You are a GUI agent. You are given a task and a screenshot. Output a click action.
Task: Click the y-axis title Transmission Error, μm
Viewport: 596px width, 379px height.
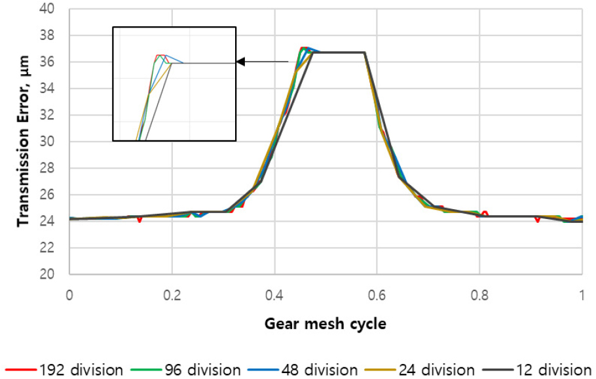24,142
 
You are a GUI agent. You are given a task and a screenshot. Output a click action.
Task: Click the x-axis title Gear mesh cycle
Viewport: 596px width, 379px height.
326,323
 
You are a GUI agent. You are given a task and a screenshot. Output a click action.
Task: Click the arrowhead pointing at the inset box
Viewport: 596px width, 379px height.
240,62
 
